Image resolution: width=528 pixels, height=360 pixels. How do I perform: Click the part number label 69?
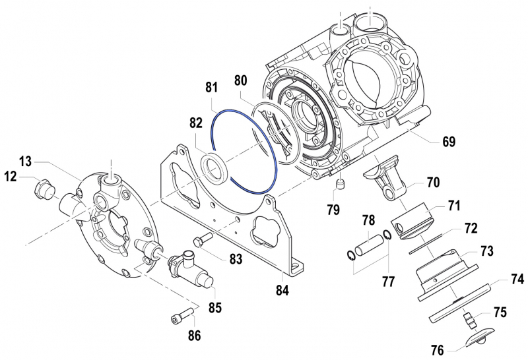click(449, 142)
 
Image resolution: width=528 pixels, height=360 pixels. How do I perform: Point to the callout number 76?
click(436, 349)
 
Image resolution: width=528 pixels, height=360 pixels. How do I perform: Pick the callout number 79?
click(333, 210)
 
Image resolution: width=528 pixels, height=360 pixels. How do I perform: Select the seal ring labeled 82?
click(215, 167)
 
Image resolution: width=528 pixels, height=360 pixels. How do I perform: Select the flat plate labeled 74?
click(462, 297)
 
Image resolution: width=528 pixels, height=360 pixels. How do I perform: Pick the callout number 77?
click(388, 282)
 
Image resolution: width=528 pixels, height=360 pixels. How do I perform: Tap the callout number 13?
click(25, 162)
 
